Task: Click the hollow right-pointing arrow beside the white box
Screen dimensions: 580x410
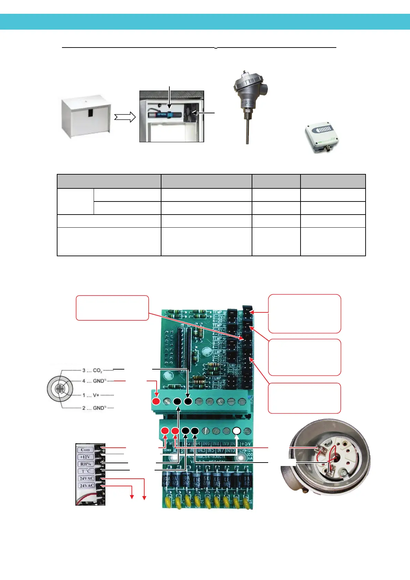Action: pyautogui.click(x=125, y=117)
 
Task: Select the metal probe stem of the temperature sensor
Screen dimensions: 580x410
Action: pyautogui.click(x=247, y=127)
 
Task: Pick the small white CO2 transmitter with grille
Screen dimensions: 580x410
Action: pyautogui.click(x=322, y=137)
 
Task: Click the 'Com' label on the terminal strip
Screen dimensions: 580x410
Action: pyautogui.click(x=85, y=450)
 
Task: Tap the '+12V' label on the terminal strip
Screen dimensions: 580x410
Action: pyautogui.click(x=85, y=457)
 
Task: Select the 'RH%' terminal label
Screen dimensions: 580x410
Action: pyautogui.click(x=85, y=464)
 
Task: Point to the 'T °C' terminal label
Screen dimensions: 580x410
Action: pyautogui.click(x=86, y=471)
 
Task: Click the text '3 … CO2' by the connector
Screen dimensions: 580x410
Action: pyautogui.click(x=92, y=371)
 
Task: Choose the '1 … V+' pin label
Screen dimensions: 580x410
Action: pyautogui.click(x=91, y=395)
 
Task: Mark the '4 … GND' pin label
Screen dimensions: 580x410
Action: pyautogui.click(x=93, y=381)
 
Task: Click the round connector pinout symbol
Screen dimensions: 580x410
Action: pyautogui.click(x=60, y=390)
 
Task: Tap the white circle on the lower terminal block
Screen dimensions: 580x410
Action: pyautogui.click(x=236, y=431)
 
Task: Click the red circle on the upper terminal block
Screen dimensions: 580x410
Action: pyautogui.click(x=156, y=401)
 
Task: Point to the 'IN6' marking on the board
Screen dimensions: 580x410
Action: pyautogui.click(x=206, y=444)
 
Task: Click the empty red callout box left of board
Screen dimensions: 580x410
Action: pyautogui.click(x=112, y=308)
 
